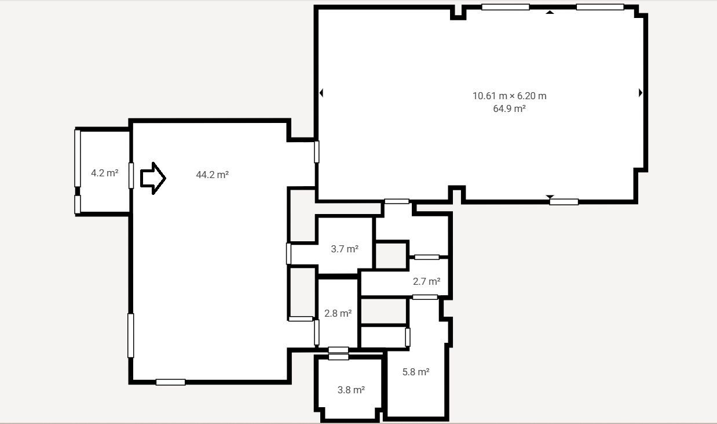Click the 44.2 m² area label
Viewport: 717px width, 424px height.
pyautogui.click(x=212, y=175)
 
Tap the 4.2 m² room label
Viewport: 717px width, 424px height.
pyautogui.click(x=105, y=173)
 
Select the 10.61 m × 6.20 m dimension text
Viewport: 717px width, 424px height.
pyautogui.click(x=509, y=96)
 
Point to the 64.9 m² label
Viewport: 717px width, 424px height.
pyautogui.click(x=509, y=108)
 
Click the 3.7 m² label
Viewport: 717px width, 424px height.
pyautogui.click(x=345, y=249)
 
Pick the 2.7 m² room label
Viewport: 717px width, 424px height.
pyautogui.click(x=426, y=281)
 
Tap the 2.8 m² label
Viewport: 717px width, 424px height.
pyautogui.click(x=338, y=313)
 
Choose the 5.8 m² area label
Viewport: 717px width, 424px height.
pyautogui.click(x=415, y=372)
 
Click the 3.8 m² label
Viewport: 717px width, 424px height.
pyautogui.click(x=351, y=390)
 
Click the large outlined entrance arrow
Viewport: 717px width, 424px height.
pyautogui.click(x=153, y=178)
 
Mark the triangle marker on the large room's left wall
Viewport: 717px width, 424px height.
pyautogui.click(x=321, y=93)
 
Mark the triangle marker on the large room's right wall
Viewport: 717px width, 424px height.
pyautogui.click(x=641, y=93)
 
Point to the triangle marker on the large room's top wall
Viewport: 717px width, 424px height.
pyautogui.click(x=550, y=12)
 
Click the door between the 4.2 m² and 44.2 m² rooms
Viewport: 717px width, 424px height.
pyautogui.click(x=131, y=176)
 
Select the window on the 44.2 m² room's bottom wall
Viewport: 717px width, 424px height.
pyautogui.click(x=170, y=382)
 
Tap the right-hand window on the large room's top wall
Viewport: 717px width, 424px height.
pyautogui.click(x=600, y=7)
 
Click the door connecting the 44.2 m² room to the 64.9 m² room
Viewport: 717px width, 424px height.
pyautogui.click(x=317, y=152)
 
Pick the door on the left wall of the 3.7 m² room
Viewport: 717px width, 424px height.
pyautogui.click(x=288, y=254)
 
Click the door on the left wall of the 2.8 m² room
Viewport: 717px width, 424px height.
pyautogui.click(x=317, y=332)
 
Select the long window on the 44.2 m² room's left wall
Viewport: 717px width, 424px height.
pyautogui.click(x=130, y=336)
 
